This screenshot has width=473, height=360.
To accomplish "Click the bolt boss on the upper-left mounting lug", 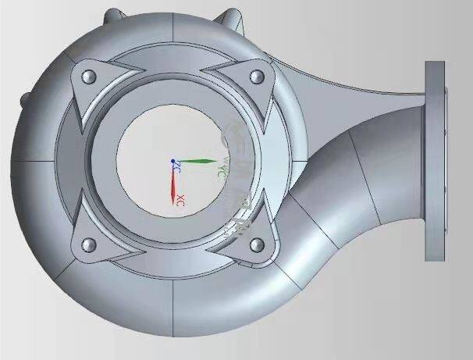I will coord(87,76).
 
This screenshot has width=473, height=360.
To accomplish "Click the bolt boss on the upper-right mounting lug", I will coord(256,77).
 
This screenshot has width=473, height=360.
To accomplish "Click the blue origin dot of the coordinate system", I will coord(173,161).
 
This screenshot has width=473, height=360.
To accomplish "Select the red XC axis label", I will coord(181,198).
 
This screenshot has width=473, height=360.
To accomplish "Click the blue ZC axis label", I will coord(178,168).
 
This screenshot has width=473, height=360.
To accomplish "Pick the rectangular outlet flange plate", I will coord(434,160).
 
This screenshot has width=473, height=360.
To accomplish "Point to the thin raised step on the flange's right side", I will coord(446,160).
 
